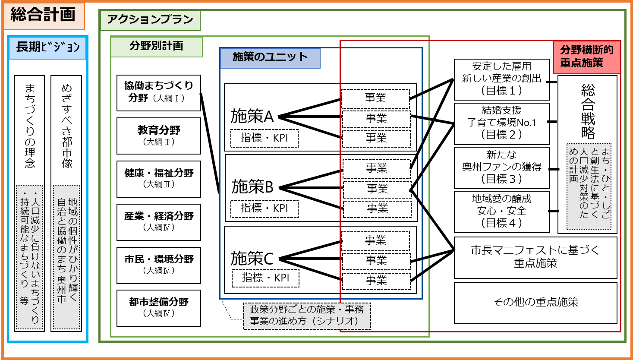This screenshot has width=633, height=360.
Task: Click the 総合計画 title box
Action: (x=43, y=16)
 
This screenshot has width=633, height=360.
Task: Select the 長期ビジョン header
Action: (x=47, y=47)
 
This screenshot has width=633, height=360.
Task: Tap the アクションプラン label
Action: (x=150, y=20)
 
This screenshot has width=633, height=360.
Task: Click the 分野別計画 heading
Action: (x=156, y=47)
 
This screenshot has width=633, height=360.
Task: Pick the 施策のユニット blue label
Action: (x=270, y=58)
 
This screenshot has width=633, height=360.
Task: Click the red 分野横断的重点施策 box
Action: (x=586, y=57)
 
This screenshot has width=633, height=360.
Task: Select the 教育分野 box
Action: (x=159, y=136)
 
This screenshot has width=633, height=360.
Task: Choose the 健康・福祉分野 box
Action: (x=159, y=178)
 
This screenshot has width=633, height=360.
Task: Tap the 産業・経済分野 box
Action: (x=159, y=221)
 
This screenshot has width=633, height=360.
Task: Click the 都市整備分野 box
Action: (x=159, y=308)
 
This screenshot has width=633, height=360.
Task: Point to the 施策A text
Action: (x=252, y=117)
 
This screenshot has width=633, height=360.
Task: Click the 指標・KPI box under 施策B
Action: (x=265, y=208)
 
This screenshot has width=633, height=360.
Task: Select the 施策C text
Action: (x=252, y=259)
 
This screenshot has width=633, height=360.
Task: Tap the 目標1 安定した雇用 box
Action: (x=501, y=79)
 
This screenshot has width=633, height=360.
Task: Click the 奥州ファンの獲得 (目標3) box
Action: (x=501, y=167)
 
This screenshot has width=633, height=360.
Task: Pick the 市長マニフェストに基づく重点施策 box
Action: (x=535, y=257)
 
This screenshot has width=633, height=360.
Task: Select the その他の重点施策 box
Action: (x=535, y=302)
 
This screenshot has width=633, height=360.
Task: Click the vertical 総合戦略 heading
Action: (x=588, y=111)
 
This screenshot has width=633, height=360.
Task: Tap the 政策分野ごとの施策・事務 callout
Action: (x=307, y=316)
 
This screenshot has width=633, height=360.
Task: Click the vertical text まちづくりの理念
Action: (x=29, y=125)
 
